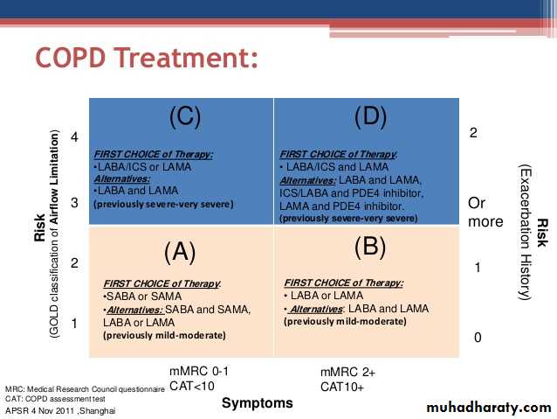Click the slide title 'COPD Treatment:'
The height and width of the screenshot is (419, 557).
coord(147,58)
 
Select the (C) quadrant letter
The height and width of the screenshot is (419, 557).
coord(185,116)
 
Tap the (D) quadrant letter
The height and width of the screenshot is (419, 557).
coord(370,116)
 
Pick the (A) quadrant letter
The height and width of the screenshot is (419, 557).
coord(180,252)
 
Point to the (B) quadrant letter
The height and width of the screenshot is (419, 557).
coord(370,247)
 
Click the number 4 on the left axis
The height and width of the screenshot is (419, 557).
coord(74,136)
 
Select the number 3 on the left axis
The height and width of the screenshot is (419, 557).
coord(74,203)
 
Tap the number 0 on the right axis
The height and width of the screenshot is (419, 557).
coord(478,337)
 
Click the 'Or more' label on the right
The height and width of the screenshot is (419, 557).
coord(485,213)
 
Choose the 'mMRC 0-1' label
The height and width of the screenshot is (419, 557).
coord(199,371)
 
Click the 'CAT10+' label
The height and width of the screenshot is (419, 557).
coord(342,387)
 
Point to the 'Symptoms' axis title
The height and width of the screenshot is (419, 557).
coord(258,403)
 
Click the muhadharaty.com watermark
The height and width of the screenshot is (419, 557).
coord(489,408)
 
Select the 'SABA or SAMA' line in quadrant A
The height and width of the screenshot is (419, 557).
coord(142,297)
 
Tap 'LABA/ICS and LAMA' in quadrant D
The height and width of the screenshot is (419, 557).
coord(335,166)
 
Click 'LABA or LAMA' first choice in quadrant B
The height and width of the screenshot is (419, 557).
coord(325,296)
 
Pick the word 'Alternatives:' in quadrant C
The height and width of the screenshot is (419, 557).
coord(122,178)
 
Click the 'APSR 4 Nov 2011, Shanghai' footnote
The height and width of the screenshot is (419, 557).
coord(60,411)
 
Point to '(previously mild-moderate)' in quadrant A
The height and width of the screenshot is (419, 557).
coord(164,335)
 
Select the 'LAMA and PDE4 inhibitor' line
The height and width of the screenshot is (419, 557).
coord(341,206)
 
